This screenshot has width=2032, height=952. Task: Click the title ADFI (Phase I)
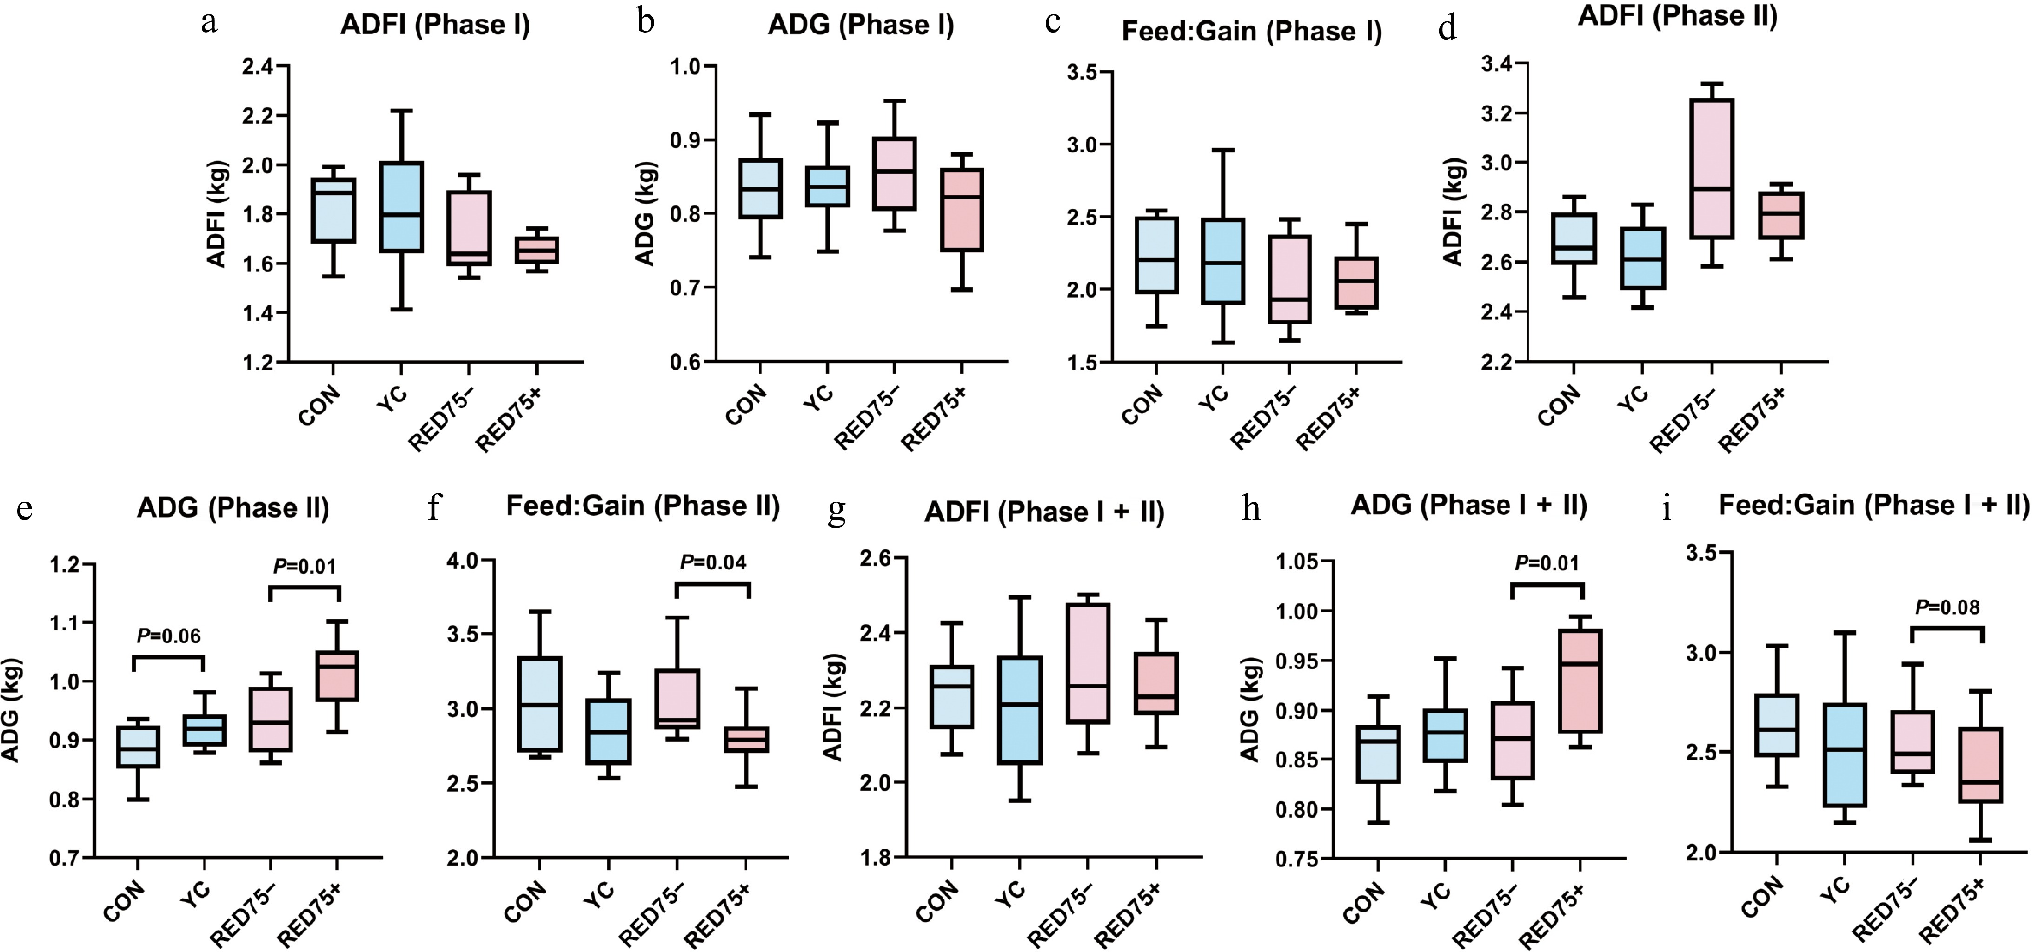[435, 25]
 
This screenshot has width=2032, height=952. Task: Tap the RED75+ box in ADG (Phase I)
[962, 209]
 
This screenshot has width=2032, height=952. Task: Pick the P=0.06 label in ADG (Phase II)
[169, 636]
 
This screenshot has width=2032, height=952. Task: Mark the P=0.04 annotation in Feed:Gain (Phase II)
[713, 562]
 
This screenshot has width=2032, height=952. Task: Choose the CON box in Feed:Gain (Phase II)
[539, 704]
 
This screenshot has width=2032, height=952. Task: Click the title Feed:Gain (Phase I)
[1251, 32]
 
